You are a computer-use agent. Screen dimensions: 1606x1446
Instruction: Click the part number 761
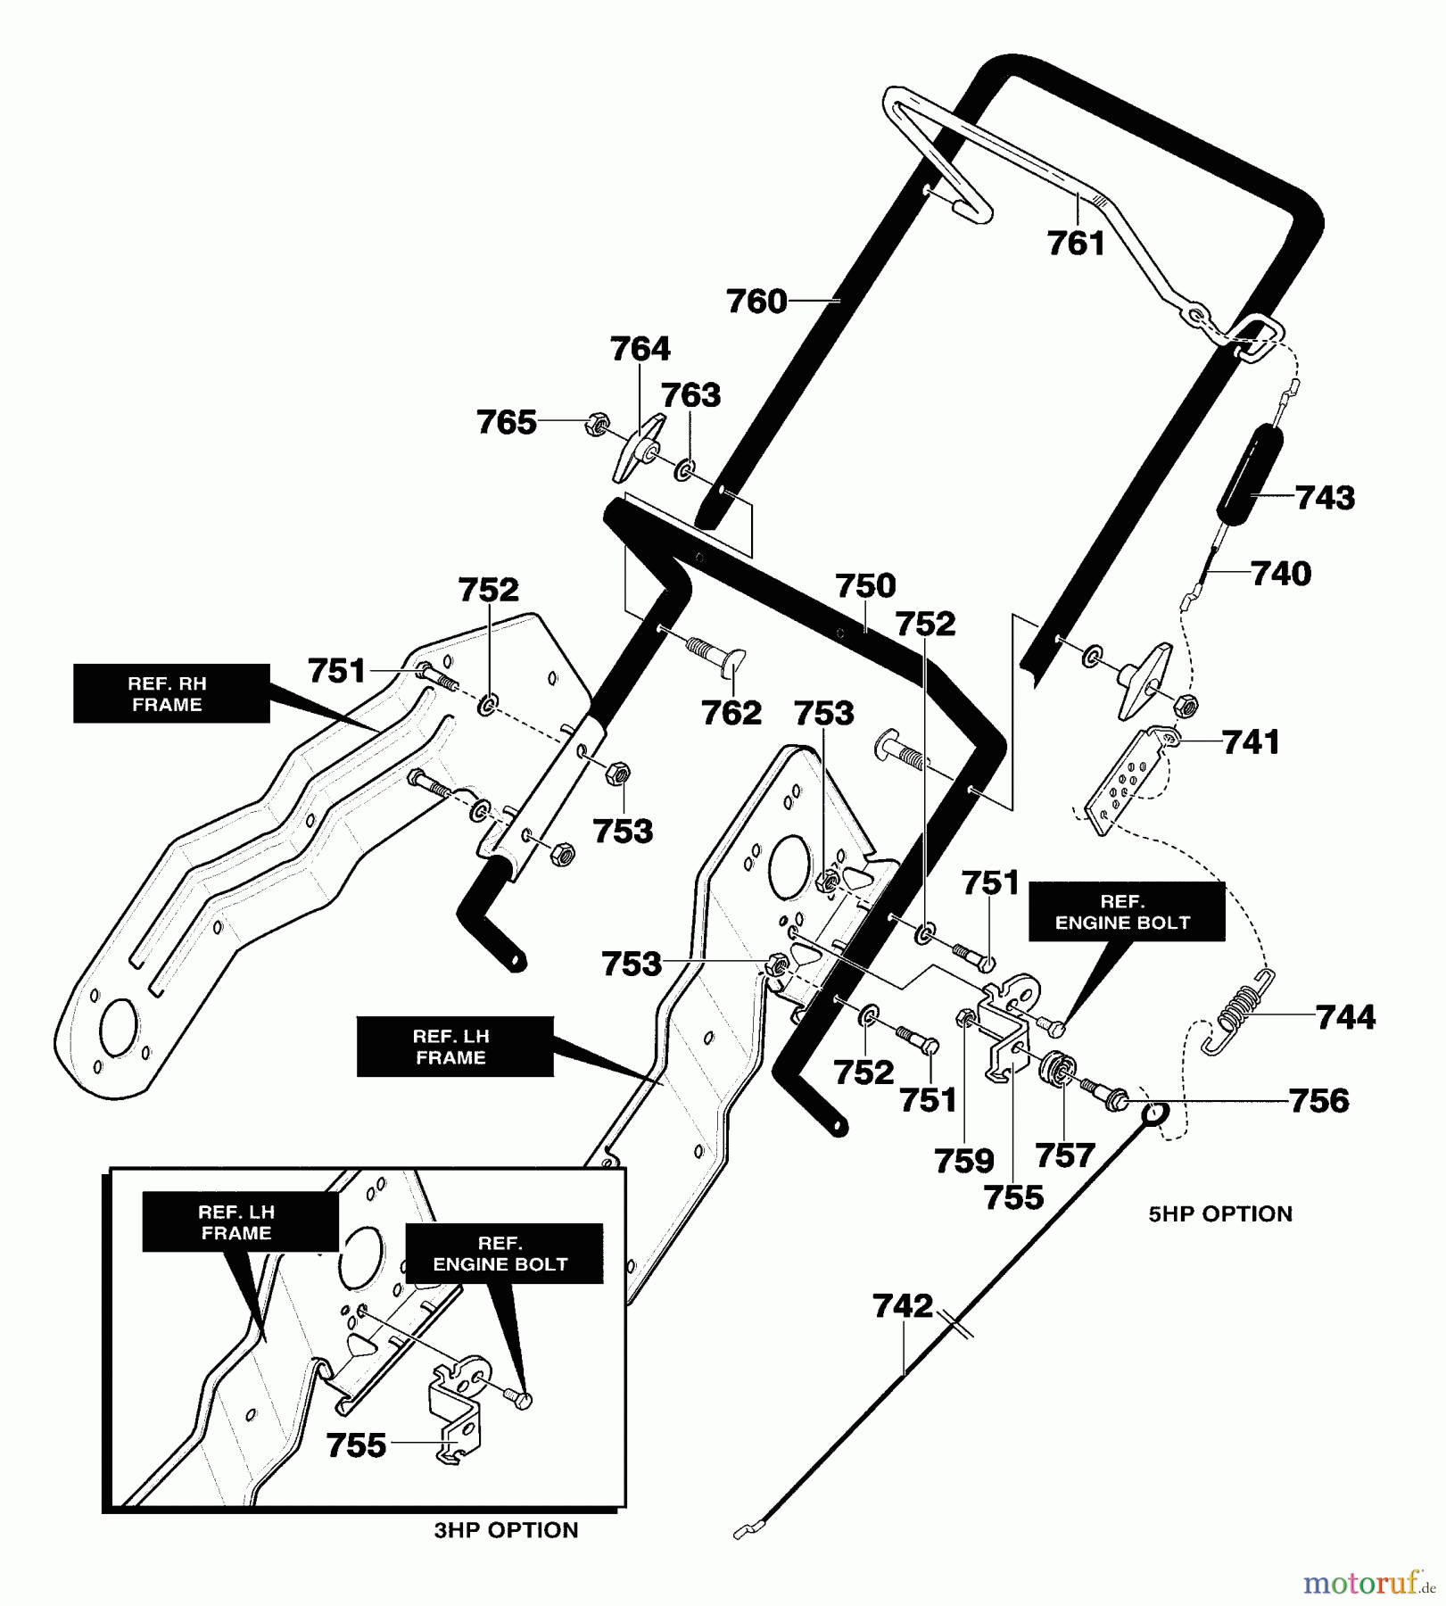coord(1076,243)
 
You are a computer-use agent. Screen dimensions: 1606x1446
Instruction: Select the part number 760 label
coord(756,302)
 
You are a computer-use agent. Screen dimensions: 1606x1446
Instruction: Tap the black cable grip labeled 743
coord(1247,472)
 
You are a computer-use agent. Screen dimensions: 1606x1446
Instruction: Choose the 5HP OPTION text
coord(1219,1213)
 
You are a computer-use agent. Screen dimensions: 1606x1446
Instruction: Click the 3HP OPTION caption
coord(506,1530)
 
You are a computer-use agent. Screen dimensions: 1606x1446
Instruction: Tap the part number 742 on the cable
coord(903,1306)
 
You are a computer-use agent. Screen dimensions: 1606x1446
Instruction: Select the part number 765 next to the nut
coord(506,422)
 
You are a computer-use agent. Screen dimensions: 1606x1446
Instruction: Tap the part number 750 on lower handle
coord(865,586)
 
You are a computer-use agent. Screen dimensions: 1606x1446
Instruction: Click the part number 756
coord(1318,1101)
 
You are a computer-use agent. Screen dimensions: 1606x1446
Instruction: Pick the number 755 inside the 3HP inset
coord(356,1445)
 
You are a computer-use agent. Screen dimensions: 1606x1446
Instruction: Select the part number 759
coord(963,1161)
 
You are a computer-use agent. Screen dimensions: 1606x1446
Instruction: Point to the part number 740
coord(1281,574)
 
